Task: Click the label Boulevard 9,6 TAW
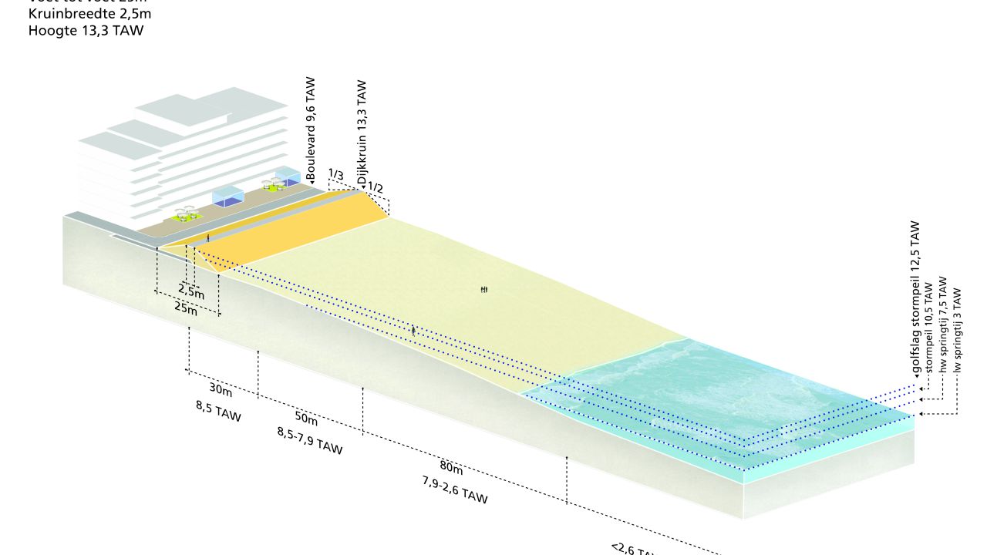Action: [x=311, y=129]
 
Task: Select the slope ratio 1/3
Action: [x=335, y=174]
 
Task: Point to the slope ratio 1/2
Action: [x=376, y=187]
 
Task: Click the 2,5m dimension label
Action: [x=191, y=291]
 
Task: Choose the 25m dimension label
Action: [x=186, y=309]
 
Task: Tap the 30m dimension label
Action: [x=221, y=388]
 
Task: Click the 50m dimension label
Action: [x=306, y=419]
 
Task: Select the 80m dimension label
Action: [x=451, y=468]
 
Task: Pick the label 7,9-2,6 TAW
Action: [x=455, y=490]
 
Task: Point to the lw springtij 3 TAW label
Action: [x=958, y=330]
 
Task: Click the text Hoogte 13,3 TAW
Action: [x=86, y=31]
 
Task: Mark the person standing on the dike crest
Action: [x=207, y=237]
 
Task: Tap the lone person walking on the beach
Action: [x=413, y=331]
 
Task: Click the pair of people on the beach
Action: [x=483, y=289]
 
